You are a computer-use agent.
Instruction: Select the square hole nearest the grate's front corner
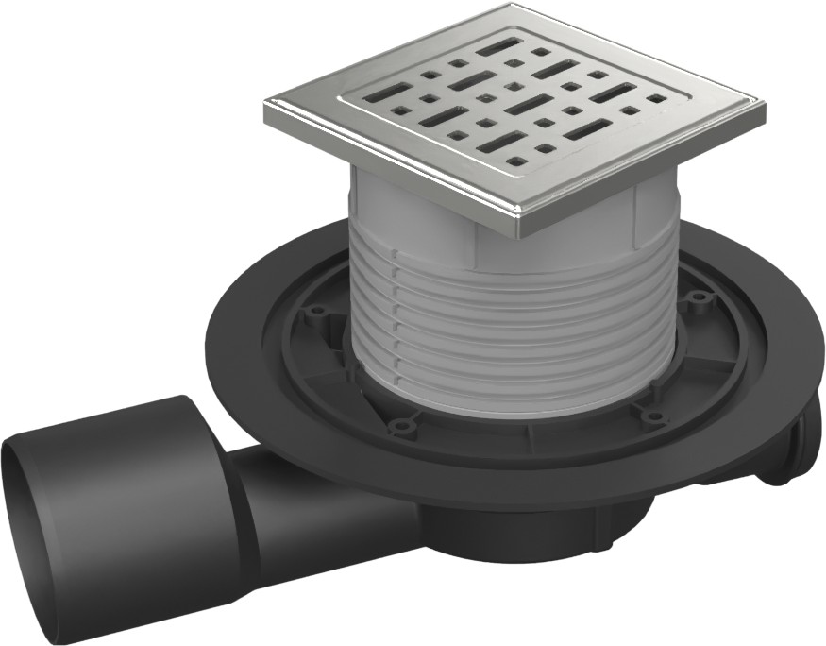(516, 162)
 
